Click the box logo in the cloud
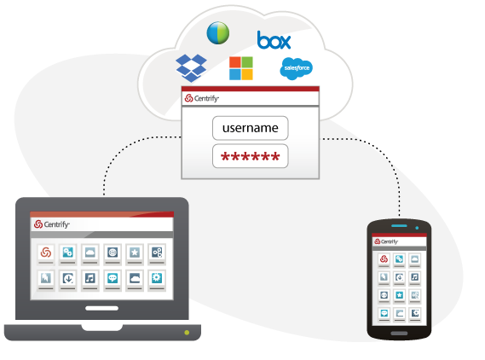274,40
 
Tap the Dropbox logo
191,67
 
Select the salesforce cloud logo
296,68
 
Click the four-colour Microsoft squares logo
241,68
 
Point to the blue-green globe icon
218,32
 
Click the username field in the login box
251,128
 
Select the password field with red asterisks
251,156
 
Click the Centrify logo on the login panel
202,98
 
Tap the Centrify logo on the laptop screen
52,224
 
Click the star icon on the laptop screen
135,253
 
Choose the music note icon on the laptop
90,278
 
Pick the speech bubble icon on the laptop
113,278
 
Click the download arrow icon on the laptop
67,278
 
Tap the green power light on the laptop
187,333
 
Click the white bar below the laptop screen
101,308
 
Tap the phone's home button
399,334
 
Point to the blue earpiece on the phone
400,226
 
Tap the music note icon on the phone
415,276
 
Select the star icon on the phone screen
399,294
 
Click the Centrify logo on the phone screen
386,241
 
